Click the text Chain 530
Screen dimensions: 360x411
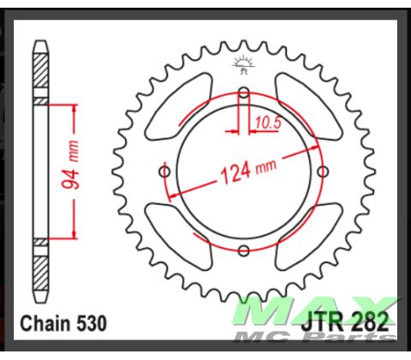coord(63,324)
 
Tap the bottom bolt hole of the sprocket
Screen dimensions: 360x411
coord(244,250)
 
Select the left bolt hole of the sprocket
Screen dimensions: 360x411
coord(165,171)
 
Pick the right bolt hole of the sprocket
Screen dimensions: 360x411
coord(323,171)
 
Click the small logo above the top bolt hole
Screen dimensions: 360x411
coord(244,64)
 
